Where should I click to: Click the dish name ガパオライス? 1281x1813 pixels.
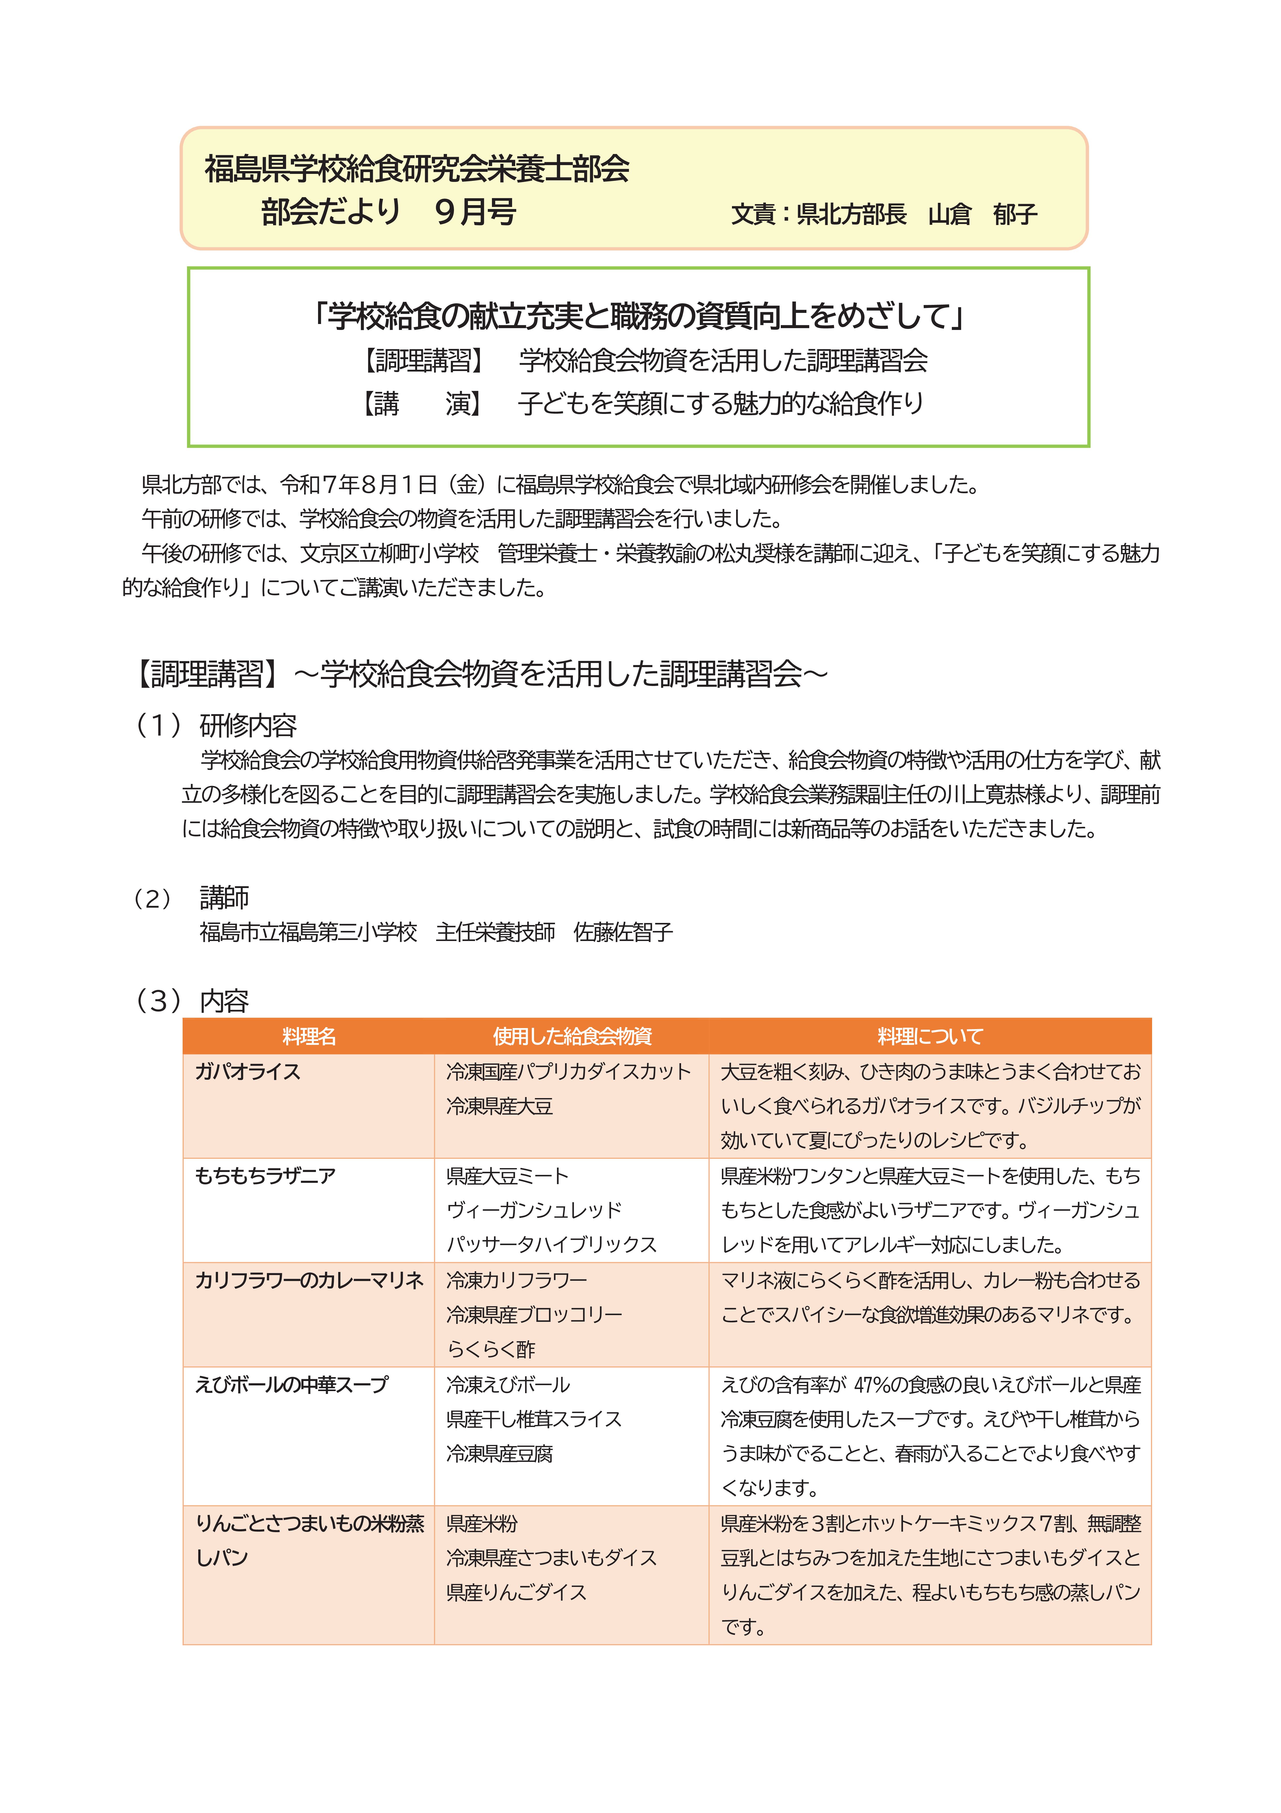pos(248,1071)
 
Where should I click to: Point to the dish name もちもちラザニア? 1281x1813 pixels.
pos(265,1176)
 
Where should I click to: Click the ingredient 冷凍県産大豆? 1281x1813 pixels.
pos(499,1106)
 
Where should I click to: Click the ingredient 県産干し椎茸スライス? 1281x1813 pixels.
pos(534,1419)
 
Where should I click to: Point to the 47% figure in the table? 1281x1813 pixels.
pos(871,1385)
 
